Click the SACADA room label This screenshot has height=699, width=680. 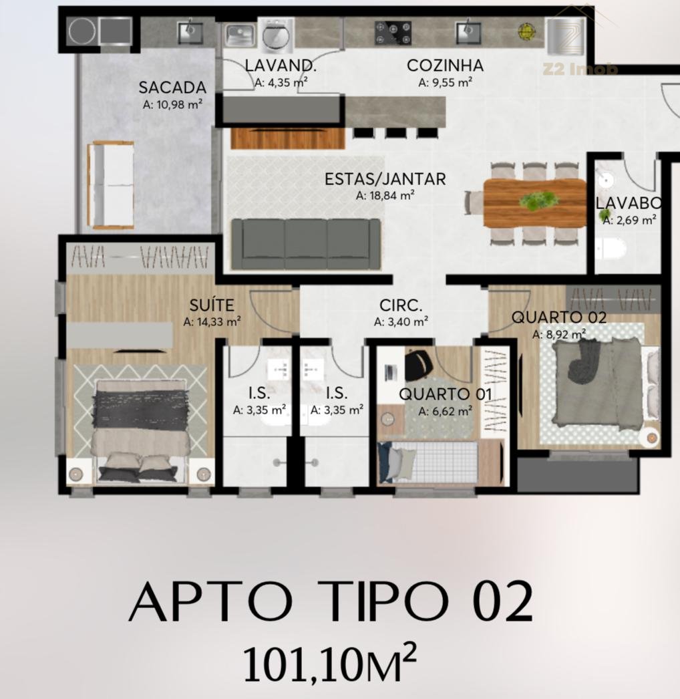(172, 88)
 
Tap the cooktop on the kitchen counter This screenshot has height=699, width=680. (393, 33)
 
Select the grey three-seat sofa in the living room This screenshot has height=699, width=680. (306, 243)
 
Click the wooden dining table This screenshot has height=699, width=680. (535, 203)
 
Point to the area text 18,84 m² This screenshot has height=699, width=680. (385, 195)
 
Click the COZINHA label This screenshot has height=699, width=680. (445, 65)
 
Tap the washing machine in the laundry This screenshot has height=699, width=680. (277, 33)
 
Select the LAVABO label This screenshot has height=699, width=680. (629, 203)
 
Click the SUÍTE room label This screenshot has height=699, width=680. (212, 305)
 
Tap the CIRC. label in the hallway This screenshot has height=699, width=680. (401, 305)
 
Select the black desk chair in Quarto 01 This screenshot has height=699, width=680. (419, 363)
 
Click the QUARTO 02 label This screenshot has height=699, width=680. (559, 317)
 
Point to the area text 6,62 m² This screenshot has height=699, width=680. (445, 411)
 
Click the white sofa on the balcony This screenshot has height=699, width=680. (111, 186)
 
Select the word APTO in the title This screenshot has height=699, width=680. (211, 602)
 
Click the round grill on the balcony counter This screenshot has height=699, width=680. (82, 31)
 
